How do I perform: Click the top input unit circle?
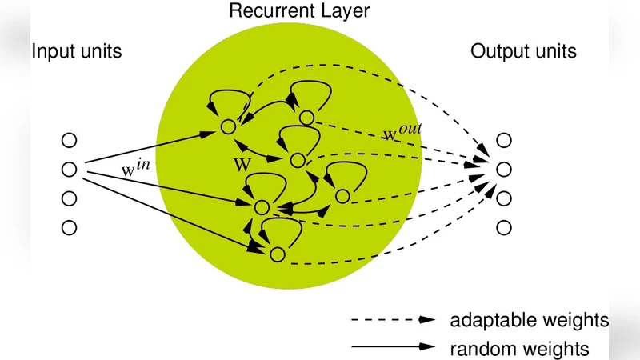[69, 140]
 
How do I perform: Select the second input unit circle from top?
[69, 170]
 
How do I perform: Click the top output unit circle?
[503, 140]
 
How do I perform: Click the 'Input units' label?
[77, 53]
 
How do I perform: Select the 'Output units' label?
[523, 53]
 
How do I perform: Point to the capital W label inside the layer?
[242, 164]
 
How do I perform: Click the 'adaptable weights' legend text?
[529, 320]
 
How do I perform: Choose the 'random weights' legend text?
[519, 349]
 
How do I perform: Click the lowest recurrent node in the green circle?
[277, 254]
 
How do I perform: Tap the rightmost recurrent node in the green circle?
[342, 196]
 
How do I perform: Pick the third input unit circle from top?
[69, 198]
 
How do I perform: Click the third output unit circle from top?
[503, 198]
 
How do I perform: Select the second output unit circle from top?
[503, 170]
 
